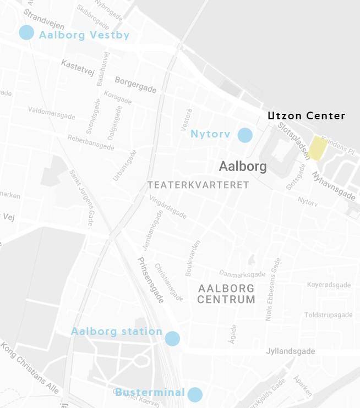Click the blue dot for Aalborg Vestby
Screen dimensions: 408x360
26,32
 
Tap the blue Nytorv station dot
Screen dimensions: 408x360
245,135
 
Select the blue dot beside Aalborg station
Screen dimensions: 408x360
172,339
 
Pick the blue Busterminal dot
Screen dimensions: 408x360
194,394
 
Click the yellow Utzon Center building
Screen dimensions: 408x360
318,148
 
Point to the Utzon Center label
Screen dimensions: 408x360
306,116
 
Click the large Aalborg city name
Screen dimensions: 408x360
243,166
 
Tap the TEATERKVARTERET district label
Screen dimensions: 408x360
198,185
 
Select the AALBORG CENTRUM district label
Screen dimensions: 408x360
226,294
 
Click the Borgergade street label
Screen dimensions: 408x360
135,85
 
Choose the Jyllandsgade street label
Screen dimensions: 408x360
290,351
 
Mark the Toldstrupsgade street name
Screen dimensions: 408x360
328,315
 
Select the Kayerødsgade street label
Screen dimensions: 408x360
329,285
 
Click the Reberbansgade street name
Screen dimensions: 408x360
91,142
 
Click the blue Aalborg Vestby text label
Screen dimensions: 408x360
84,35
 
